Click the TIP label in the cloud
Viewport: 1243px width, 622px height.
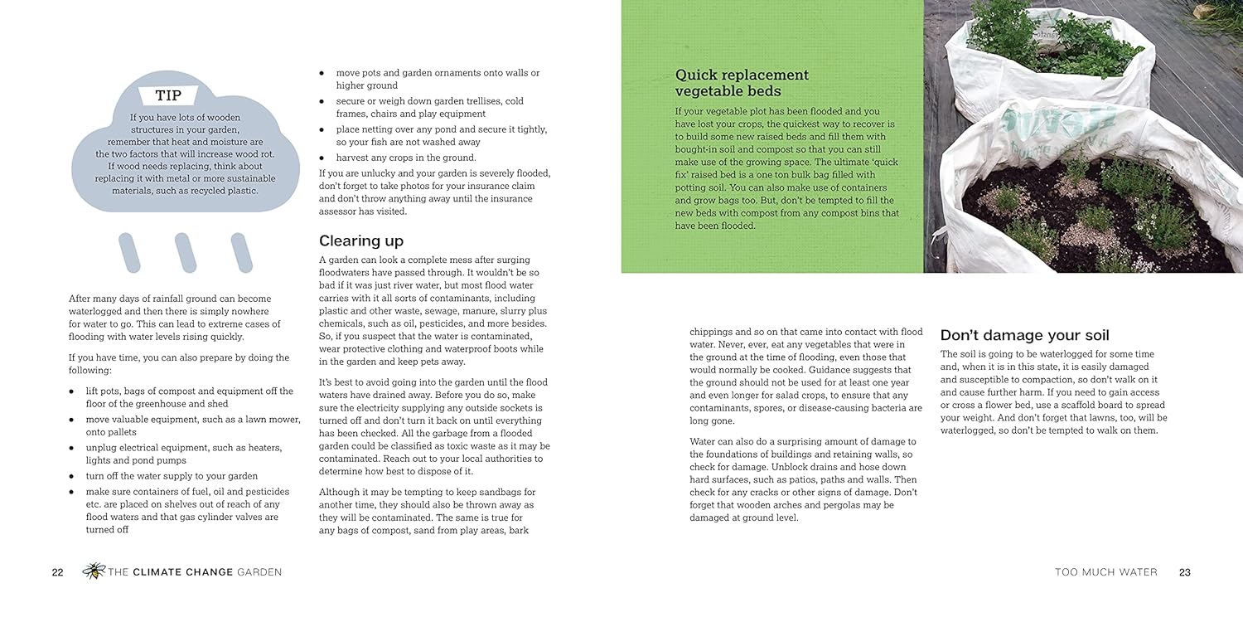click(x=169, y=96)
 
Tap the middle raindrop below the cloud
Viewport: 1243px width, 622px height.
click(x=185, y=253)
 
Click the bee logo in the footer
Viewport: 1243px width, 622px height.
click(x=94, y=571)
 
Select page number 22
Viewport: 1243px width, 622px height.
click(x=57, y=572)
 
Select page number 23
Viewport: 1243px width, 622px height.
click(x=1184, y=572)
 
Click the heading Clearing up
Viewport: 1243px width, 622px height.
click(x=361, y=241)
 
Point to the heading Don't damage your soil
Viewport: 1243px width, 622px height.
click(x=1024, y=335)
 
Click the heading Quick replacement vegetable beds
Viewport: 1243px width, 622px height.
click(x=742, y=83)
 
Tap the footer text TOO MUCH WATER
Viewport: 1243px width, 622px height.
click(x=1105, y=572)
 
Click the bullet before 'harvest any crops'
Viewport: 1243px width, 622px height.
click(x=322, y=158)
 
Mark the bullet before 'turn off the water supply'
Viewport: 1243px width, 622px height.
click(x=72, y=476)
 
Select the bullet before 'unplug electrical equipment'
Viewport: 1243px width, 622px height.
click(x=72, y=448)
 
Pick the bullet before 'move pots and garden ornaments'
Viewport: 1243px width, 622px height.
click(x=322, y=73)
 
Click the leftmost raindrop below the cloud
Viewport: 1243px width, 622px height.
click(x=129, y=253)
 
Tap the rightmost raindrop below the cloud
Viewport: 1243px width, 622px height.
click(x=241, y=253)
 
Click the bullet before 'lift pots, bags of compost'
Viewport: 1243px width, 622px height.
click(x=72, y=391)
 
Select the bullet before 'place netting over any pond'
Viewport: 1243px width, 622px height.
click(x=322, y=129)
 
